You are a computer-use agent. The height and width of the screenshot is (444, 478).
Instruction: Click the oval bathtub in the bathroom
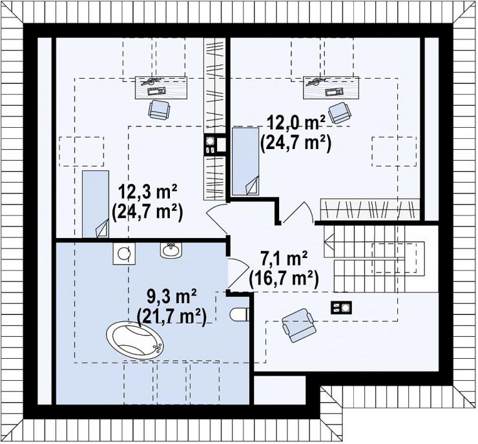point(135,341)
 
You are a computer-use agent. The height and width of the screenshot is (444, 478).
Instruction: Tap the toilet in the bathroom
point(239,314)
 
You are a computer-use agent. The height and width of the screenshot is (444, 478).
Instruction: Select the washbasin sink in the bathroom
point(171,250)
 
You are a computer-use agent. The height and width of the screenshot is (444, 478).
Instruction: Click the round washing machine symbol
point(124,254)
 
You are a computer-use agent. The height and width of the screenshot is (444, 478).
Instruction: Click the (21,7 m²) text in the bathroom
point(172,317)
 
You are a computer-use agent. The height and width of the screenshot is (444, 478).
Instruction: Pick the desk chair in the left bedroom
point(159,110)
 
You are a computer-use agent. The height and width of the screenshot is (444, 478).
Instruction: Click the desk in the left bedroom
point(161,88)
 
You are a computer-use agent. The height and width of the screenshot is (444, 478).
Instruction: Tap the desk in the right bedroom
point(331,88)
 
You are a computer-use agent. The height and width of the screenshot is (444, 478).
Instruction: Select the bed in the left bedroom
point(96,204)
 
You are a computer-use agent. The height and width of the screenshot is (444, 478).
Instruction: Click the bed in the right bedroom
point(245,161)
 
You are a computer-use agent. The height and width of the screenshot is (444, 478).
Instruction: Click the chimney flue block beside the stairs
point(341,307)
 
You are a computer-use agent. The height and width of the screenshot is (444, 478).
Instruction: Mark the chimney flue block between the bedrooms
point(215,146)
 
